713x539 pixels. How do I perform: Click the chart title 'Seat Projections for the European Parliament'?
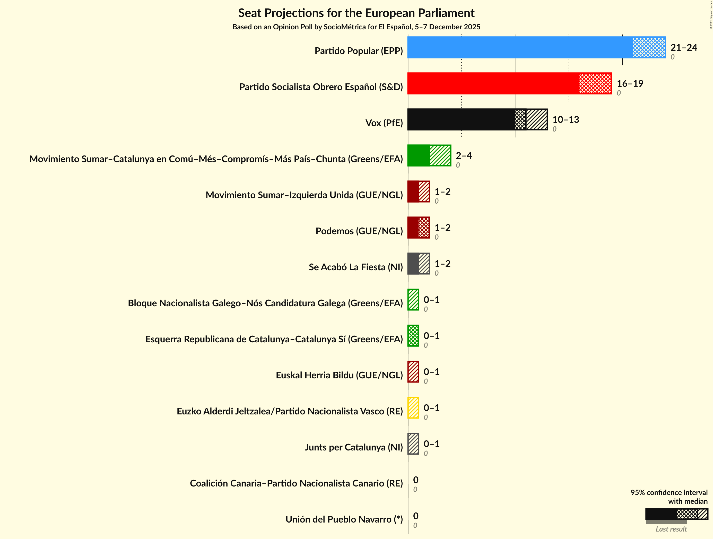pos(356,13)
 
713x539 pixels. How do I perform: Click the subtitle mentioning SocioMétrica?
pos(356,27)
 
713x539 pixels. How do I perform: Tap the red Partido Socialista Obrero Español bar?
pos(509,83)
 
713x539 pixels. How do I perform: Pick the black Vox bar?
pos(477,120)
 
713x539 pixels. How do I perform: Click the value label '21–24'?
pos(684,47)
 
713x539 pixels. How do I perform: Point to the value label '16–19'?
pos(630,83)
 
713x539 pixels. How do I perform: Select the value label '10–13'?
pos(566,120)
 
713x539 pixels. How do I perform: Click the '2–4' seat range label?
pos(464,156)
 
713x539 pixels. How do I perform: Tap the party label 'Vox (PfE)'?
pos(384,123)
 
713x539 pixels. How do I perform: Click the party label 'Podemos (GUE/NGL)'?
pos(359,231)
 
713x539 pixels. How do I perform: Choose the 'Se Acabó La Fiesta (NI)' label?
pos(355,267)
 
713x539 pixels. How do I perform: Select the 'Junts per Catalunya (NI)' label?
pos(354,447)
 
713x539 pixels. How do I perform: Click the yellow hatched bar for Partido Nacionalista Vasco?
pos(413,408)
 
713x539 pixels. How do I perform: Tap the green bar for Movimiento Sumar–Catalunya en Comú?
pos(429,156)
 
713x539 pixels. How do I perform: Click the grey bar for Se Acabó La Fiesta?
pos(418,264)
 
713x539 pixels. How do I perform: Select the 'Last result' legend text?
pos(671,529)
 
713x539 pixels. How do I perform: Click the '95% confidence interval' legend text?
pos(669,493)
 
